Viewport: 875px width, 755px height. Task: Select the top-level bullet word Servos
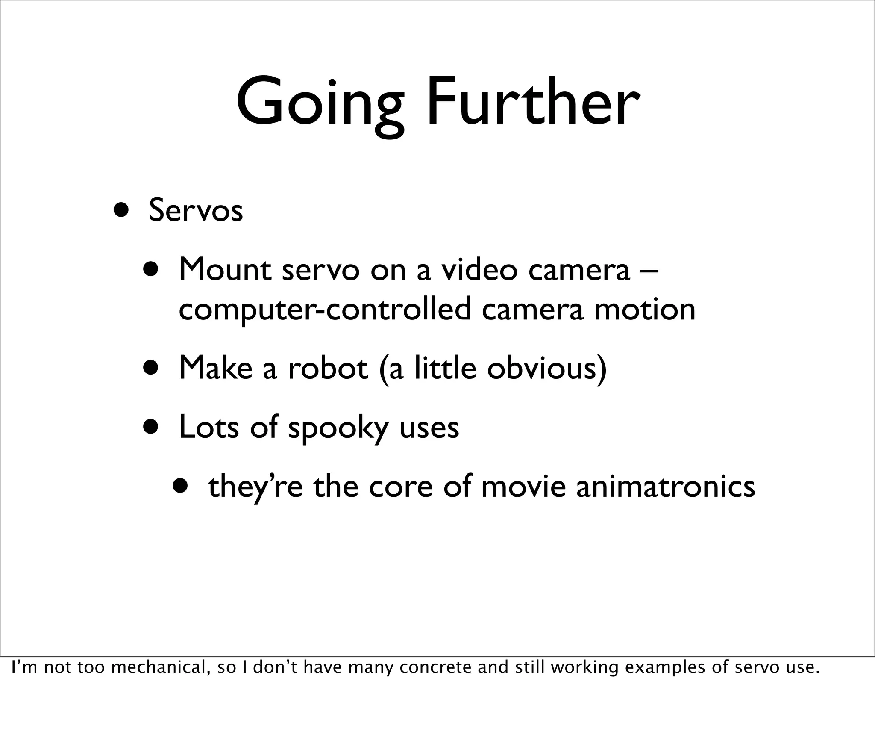click(x=196, y=211)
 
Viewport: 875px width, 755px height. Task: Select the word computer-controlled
click(x=324, y=310)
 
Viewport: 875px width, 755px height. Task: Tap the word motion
click(x=645, y=310)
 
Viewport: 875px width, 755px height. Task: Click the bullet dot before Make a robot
click(x=152, y=367)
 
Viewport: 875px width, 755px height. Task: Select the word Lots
click(x=208, y=427)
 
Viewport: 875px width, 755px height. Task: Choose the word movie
click(x=523, y=487)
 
